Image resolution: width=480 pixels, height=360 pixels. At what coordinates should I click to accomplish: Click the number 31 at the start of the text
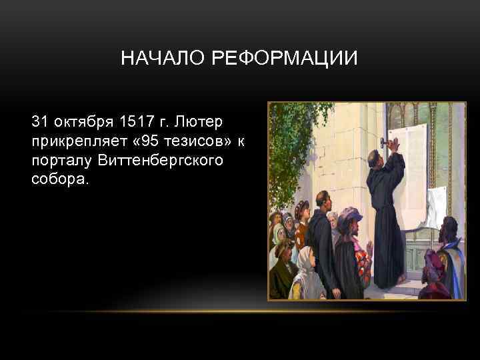coord(40,122)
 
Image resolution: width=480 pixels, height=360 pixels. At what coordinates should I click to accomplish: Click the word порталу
coord(61,161)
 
